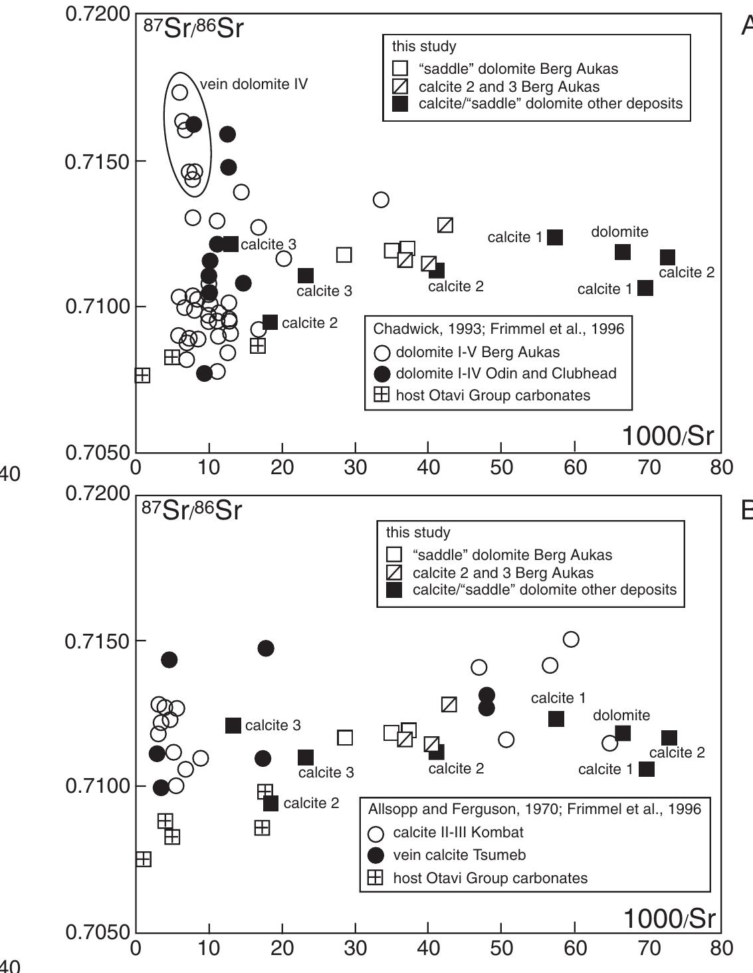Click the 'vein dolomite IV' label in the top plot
pos(253,84)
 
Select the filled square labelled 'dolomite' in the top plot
pos(623,252)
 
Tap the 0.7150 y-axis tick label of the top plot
pos(98,162)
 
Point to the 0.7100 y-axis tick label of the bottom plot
pos(98,786)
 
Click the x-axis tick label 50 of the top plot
pos(501,467)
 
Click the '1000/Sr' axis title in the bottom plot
pos(669,918)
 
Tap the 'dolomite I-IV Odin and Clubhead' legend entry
pos(506,374)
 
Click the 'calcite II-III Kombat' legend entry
pos(458,833)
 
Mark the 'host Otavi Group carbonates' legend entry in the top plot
pos(492,395)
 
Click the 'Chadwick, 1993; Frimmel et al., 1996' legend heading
pos(498,329)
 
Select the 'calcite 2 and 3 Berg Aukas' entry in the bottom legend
pos(502,573)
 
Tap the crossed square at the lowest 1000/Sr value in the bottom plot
pos(143,860)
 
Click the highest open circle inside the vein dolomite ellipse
pos(179,92)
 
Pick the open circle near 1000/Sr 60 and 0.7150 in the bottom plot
pos(571,640)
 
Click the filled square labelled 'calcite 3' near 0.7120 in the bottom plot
pos(233,726)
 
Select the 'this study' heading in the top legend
pos(424,47)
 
